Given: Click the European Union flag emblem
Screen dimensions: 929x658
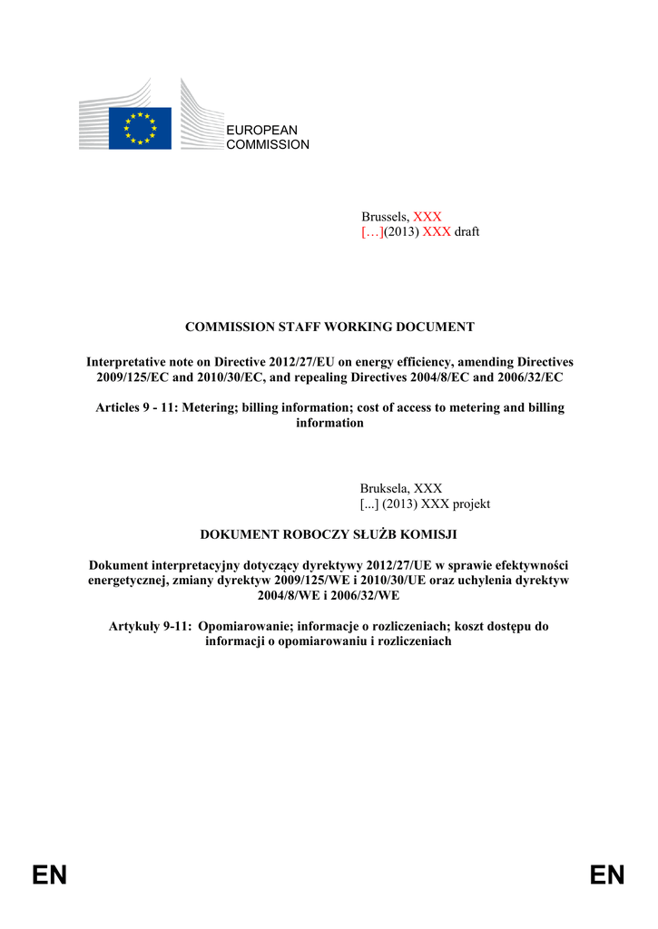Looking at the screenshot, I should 140,128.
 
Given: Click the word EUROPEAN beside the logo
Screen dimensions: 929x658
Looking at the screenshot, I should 261,131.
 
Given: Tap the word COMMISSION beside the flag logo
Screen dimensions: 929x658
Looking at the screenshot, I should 268,145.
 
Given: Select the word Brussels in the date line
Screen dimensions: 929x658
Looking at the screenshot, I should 385,217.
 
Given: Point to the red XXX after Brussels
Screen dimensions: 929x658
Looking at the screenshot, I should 427,217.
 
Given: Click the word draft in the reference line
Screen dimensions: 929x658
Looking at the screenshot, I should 466,231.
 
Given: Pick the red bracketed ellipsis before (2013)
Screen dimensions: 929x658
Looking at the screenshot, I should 372,231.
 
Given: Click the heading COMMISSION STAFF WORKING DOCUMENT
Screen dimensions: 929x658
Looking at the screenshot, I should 329,327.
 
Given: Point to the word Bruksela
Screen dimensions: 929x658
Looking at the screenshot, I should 385,488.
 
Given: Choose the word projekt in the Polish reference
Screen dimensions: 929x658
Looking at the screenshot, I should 471,504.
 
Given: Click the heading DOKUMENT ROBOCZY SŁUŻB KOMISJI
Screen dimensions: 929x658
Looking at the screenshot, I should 329,534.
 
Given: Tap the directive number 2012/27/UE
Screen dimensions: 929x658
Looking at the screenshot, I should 398,564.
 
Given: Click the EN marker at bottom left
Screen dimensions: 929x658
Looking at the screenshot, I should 50,875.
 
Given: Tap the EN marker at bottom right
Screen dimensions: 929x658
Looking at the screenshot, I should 607,875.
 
